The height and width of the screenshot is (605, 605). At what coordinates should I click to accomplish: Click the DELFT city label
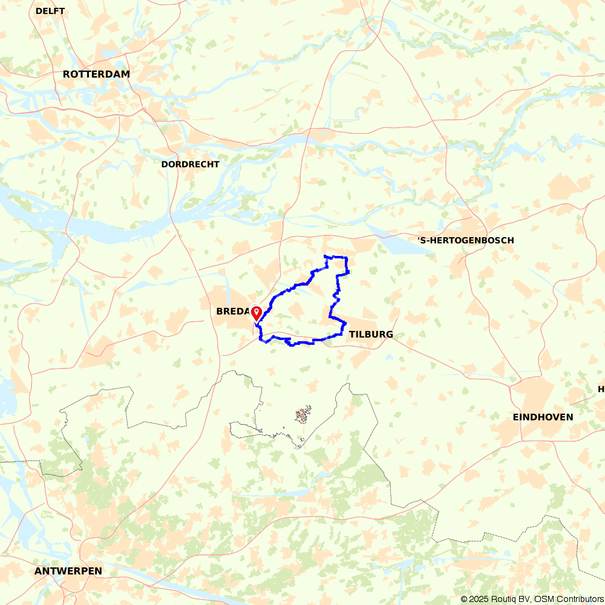pos(50,11)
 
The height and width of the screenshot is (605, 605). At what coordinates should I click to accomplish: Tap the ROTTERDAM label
pos(96,74)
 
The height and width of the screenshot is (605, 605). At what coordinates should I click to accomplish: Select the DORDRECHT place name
pos(191,164)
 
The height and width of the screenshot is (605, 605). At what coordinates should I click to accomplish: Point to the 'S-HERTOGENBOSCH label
pos(466,240)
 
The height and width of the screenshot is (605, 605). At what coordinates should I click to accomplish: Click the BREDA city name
pos(233,312)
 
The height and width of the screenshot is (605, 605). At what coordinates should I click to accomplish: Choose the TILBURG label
pos(371,334)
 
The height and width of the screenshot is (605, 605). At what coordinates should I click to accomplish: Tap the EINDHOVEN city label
pos(543,417)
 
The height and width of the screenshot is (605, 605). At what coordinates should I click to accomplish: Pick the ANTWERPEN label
pos(68,571)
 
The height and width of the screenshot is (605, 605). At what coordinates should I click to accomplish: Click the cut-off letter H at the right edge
pos(601,388)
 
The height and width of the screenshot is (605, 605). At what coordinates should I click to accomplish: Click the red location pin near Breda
pos(257,313)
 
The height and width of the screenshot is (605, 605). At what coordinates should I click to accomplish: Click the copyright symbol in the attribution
pos(465,599)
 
